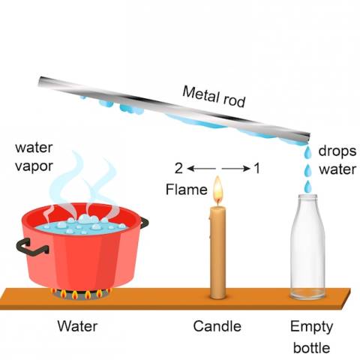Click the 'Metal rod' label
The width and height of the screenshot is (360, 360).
tap(214, 97)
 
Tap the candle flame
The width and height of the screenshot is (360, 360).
tap(217, 188)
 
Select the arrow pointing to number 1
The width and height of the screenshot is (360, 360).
tap(235, 169)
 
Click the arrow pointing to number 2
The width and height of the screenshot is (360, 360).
tap(201, 169)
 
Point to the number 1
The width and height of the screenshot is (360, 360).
tap(257, 168)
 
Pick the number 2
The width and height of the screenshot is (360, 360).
tap(178, 168)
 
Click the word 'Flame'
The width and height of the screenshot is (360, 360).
tap(187, 189)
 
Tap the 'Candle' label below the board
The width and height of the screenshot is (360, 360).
tap(217, 326)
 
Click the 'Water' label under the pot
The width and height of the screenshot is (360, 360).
tap(77, 326)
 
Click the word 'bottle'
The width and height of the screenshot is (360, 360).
tap(311, 348)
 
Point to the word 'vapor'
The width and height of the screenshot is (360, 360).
tap(34, 167)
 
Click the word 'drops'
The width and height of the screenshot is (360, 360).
tap(337, 151)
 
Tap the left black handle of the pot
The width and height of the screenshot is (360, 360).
tap(31, 247)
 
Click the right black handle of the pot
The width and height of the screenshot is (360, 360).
tap(144, 223)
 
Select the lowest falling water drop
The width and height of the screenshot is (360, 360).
tap(307, 187)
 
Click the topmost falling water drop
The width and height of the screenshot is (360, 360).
tap(307, 152)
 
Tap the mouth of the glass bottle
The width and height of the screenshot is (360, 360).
tap(307, 196)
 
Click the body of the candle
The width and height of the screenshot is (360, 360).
tap(218, 253)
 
